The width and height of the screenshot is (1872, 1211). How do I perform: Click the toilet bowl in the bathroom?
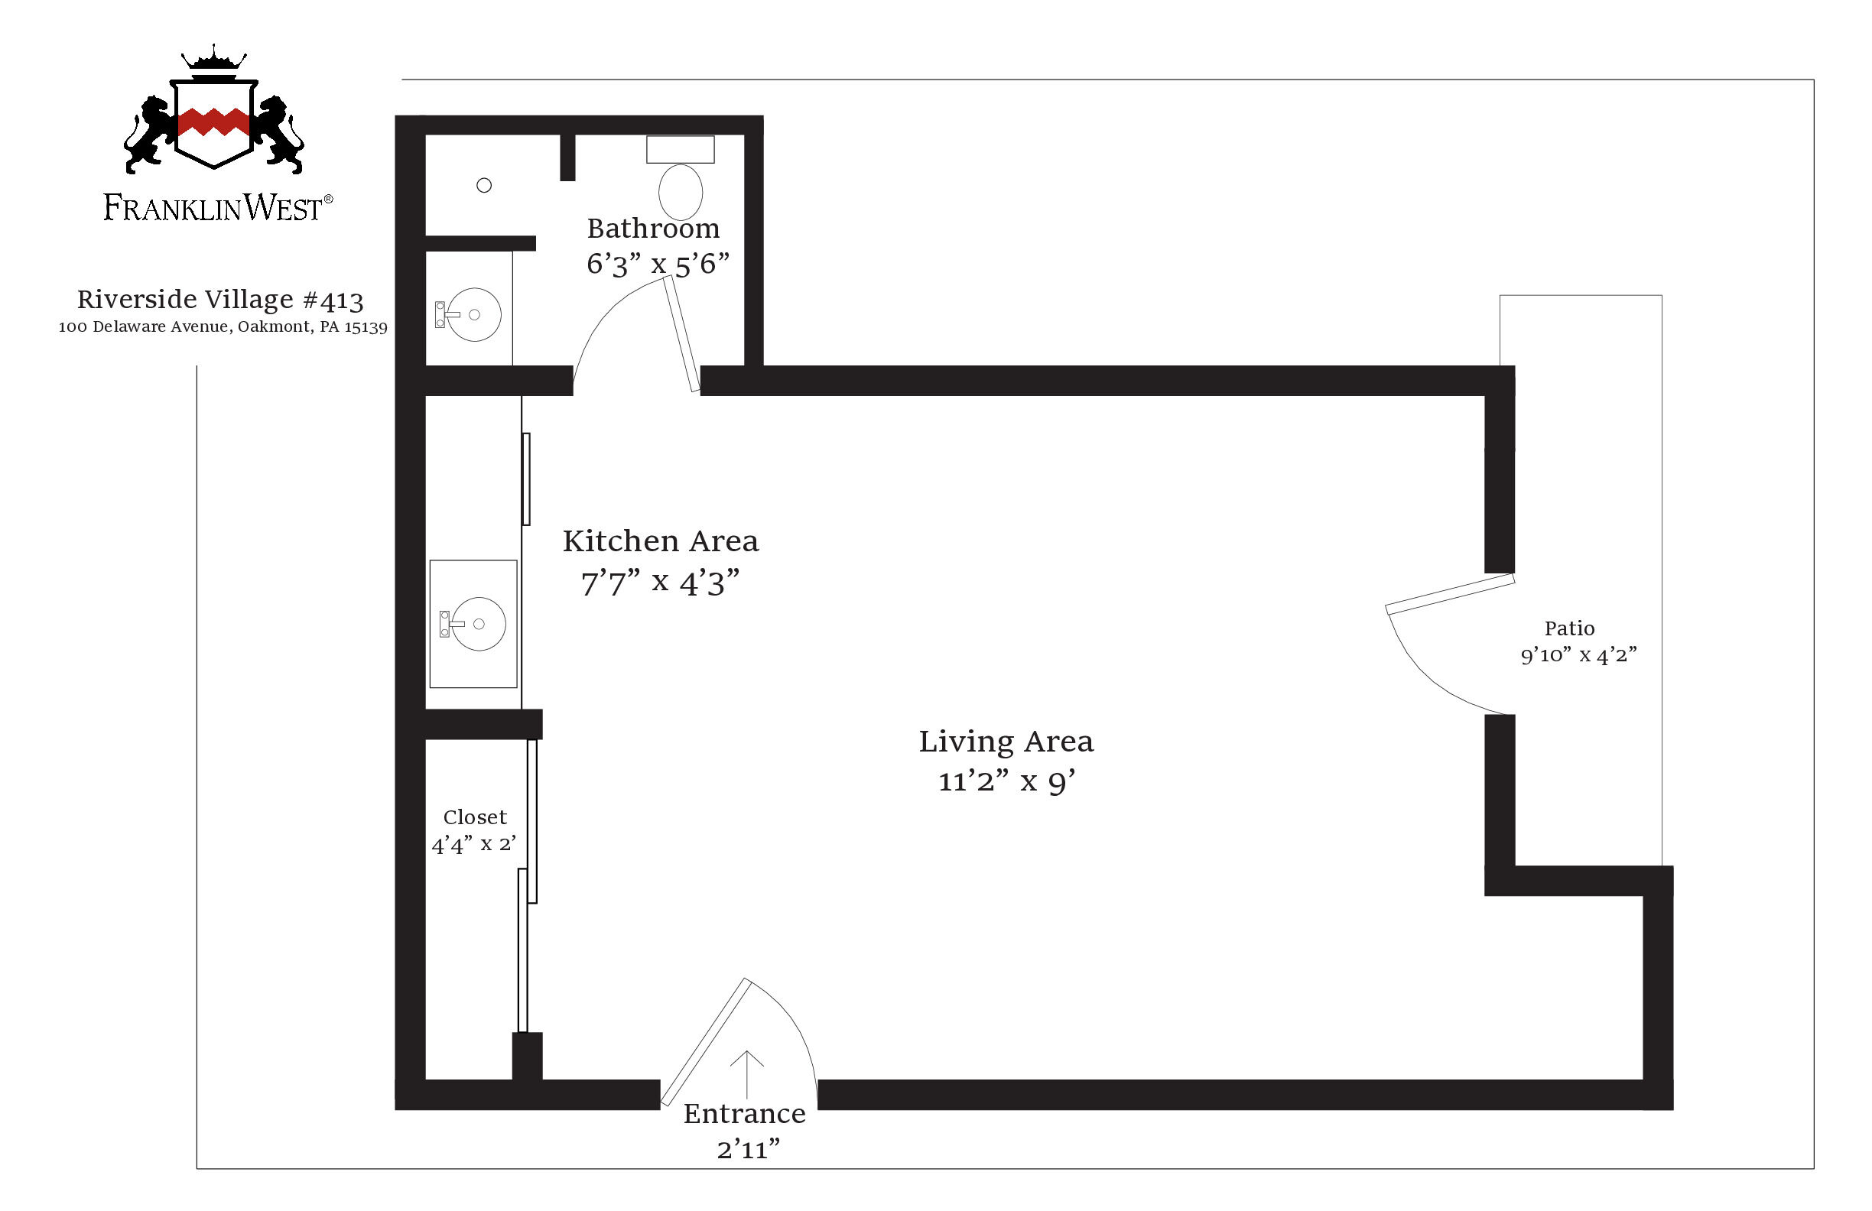pos(681,192)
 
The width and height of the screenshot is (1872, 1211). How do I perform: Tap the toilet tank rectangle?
pos(681,149)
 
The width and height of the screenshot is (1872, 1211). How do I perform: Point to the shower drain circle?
pos(485,186)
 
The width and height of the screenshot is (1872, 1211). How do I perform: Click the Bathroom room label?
pos(654,228)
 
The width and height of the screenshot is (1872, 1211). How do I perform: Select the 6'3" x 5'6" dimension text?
pos(658,265)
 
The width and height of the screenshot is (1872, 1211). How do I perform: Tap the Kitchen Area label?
pos(661,541)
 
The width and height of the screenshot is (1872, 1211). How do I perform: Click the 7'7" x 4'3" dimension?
pos(661,583)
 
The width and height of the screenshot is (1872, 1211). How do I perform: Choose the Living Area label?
pos(1006,742)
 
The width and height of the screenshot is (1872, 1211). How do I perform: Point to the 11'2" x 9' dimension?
pos(1007,781)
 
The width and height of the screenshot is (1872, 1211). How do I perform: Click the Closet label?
pos(475,817)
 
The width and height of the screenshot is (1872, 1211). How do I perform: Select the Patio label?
pos(1570,628)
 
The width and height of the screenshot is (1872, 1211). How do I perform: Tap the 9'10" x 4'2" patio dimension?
pos(1578,655)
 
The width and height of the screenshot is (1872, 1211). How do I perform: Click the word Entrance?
pos(744,1113)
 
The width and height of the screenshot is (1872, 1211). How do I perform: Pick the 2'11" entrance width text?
pos(748,1150)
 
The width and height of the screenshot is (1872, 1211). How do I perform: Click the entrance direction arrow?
pos(746,1075)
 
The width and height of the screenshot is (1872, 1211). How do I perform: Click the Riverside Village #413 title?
pos(220,300)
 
